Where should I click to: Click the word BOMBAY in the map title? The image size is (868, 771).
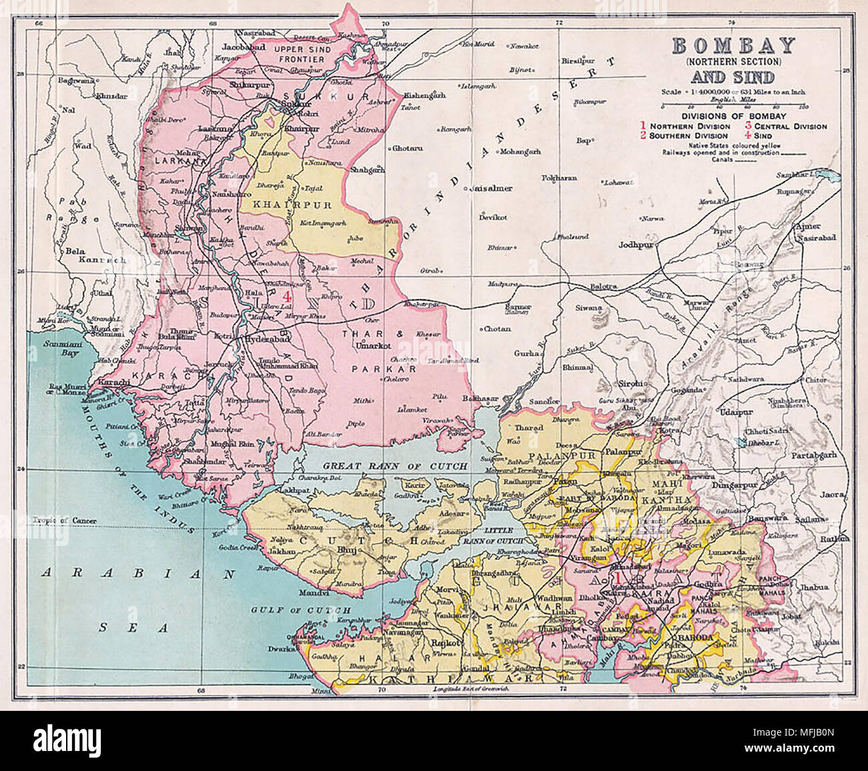pyautogui.click(x=732, y=45)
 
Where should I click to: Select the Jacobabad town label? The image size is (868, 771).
pyautogui.click(x=244, y=47)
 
